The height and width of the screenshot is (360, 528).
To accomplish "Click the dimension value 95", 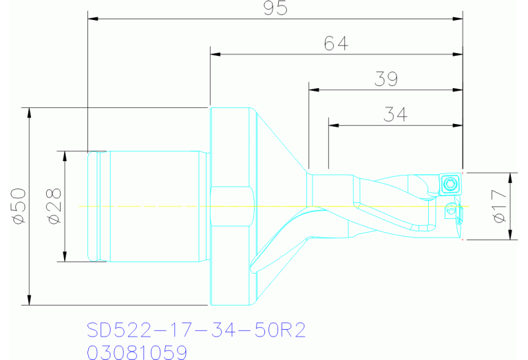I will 275,8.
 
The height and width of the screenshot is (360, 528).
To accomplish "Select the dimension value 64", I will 336,43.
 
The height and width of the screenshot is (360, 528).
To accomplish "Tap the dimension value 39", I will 386,79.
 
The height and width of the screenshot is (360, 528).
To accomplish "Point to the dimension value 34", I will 395,114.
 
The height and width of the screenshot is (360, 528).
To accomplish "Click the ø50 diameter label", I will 18,205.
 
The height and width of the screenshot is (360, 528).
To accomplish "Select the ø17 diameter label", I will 501,206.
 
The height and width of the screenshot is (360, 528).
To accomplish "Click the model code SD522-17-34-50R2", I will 196,330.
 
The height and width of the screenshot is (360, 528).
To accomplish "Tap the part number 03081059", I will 137,352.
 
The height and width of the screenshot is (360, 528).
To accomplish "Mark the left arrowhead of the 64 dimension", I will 215,53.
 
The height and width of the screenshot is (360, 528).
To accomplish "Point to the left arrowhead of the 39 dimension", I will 315,89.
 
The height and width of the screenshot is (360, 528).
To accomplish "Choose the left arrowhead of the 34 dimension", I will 334,125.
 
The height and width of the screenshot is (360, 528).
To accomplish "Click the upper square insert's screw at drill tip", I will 450,184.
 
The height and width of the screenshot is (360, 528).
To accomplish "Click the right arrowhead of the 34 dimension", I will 457,125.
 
